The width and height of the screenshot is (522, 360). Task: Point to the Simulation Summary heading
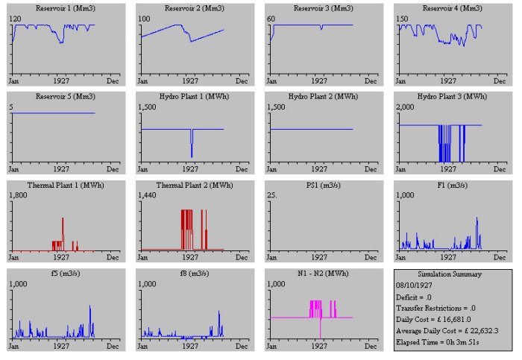[x=450, y=274]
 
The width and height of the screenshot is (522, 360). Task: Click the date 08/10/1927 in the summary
[x=414, y=285]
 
